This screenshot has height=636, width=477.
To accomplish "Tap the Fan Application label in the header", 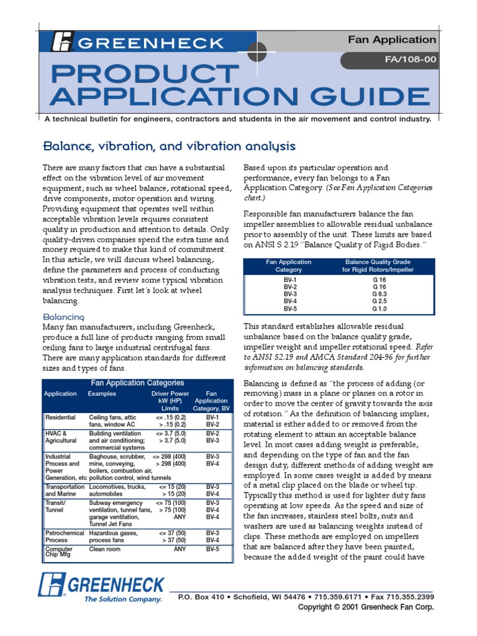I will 400,40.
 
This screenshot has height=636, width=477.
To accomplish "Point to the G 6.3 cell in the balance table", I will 379,294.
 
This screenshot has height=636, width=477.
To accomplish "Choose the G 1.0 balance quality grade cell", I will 379,308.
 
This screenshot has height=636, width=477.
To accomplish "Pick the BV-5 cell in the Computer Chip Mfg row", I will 213,548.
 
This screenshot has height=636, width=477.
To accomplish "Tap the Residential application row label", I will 60,417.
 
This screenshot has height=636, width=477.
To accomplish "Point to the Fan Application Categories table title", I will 137,383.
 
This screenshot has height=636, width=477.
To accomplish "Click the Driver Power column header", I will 170,401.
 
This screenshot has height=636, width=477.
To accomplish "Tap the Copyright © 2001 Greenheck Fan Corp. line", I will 366,607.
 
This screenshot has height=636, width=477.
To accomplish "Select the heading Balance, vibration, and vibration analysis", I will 169,147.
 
